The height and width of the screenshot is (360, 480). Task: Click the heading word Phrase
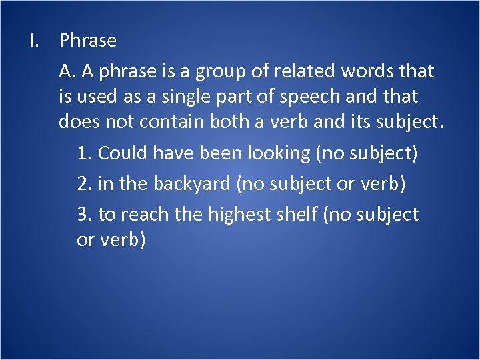tap(87, 41)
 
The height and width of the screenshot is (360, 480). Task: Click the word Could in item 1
tap(124, 154)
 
